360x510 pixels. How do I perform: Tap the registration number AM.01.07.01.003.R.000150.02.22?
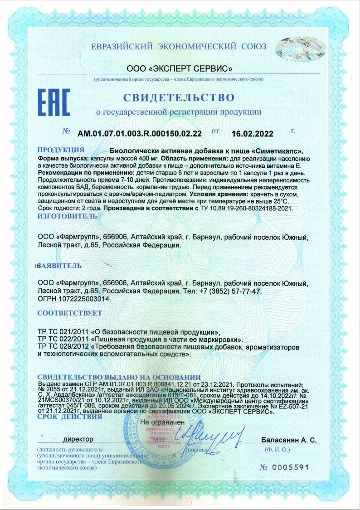pyautogui.click(x=139, y=133)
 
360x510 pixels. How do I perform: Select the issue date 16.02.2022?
pyautogui.click(x=252, y=133)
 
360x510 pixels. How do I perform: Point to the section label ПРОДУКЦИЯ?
pyautogui.click(x=60, y=150)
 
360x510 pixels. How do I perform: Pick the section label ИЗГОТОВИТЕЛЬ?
pyautogui.click(x=67, y=216)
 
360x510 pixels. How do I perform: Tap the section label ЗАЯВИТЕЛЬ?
pyautogui.click(x=61, y=265)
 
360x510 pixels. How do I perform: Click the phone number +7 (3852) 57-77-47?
pyautogui.click(x=230, y=291)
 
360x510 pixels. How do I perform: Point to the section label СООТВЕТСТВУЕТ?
pyautogui.click(x=69, y=313)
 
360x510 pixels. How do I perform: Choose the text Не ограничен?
pyautogui.click(x=163, y=422)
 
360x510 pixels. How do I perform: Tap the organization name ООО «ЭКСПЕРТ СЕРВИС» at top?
pyautogui.click(x=180, y=69)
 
